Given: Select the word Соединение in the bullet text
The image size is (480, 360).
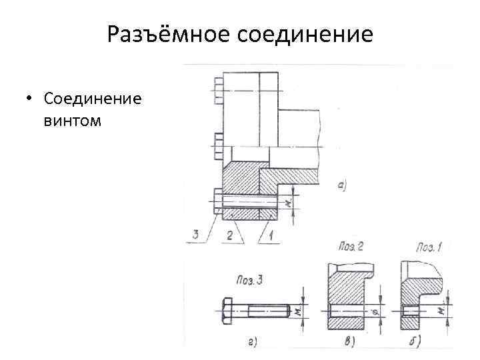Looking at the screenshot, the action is click(91, 99).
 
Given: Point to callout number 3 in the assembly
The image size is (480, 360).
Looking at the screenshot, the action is click(195, 234).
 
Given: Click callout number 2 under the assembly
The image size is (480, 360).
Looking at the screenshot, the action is click(230, 235).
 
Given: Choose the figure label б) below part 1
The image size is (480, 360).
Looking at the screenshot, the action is click(423, 342).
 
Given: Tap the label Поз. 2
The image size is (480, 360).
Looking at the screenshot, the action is click(351, 247).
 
